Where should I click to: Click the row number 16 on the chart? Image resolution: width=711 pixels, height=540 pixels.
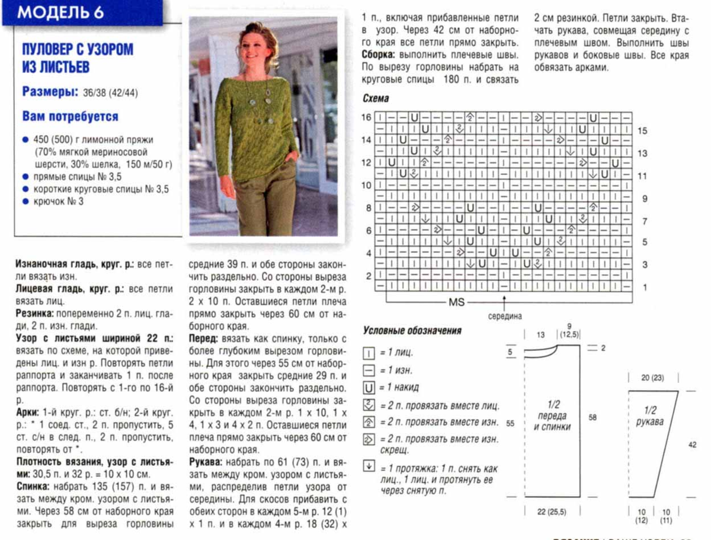[x=367, y=117]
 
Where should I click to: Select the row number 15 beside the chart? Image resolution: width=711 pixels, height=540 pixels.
[x=643, y=130]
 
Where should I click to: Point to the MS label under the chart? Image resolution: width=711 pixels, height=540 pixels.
[x=456, y=302]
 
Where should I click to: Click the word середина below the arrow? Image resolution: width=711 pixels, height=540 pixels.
[x=505, y=316]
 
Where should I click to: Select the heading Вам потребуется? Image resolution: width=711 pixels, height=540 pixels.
[x=70, y=116]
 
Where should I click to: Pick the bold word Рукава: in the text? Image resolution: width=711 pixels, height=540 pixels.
[x=207, y=462]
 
